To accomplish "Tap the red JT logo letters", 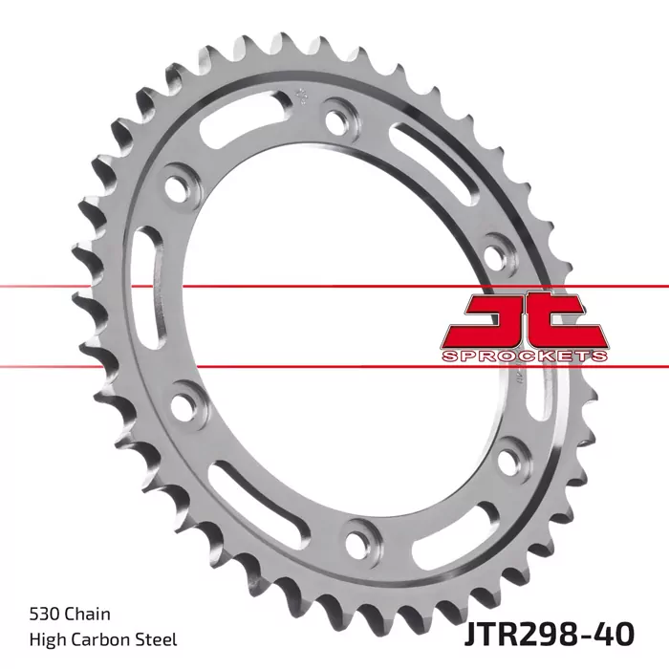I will [x=524, y=319].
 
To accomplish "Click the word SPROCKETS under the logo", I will [x=525, y=356].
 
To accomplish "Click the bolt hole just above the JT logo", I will [x=494, y=254].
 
